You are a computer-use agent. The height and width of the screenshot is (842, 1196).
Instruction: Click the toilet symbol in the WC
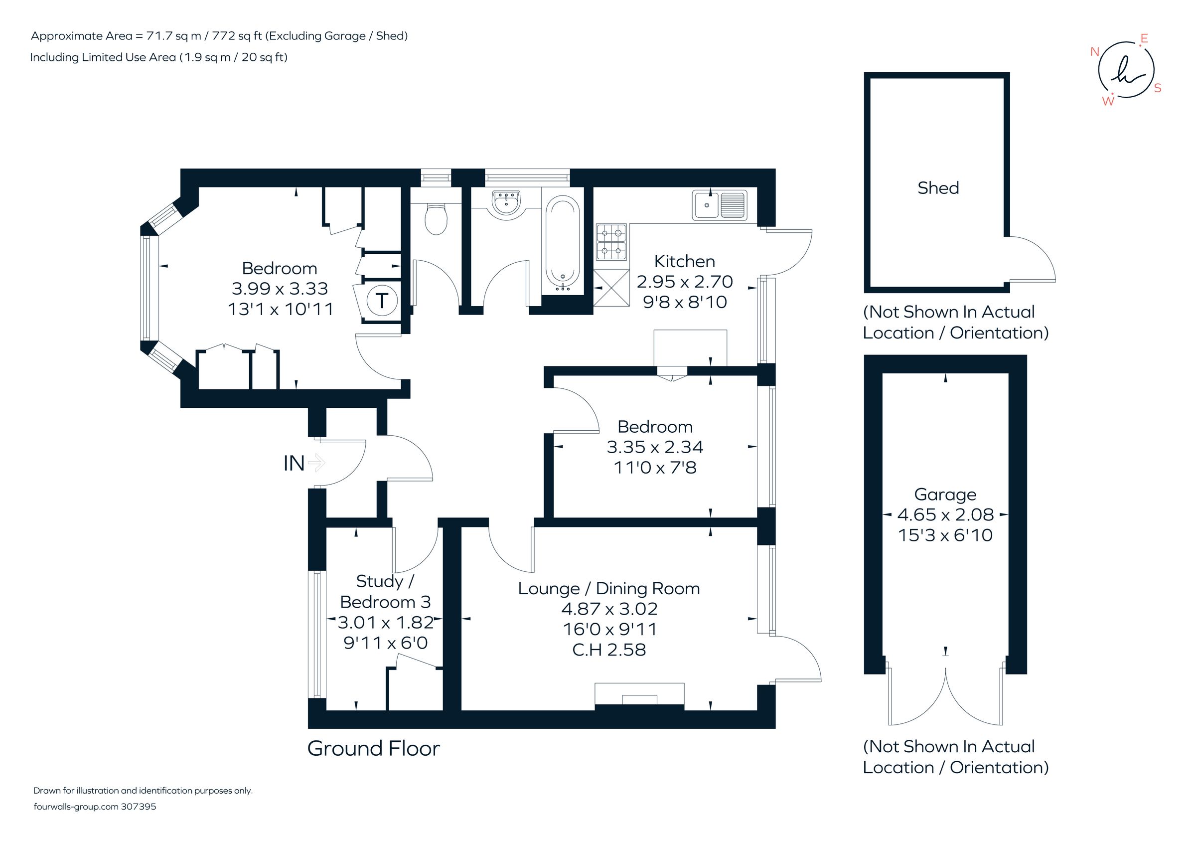pos(436,218)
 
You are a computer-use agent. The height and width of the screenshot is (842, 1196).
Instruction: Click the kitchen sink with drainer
pos(719,205)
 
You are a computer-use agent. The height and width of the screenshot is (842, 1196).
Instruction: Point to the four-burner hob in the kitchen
pos(611,242)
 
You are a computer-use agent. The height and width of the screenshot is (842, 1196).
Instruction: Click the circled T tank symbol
pos(382,301)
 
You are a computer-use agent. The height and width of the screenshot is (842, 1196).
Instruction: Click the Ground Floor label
pos(373,749)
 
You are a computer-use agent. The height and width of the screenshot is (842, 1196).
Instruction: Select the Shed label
pos(938,187)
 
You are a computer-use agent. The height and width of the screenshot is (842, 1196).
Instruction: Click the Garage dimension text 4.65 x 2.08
pos(945,515)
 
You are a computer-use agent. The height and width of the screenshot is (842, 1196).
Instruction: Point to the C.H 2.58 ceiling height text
pos(609,650)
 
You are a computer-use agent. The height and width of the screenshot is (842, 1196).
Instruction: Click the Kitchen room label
pos(685,261)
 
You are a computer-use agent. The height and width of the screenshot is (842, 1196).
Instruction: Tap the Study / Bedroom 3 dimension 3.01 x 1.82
pos(386,622)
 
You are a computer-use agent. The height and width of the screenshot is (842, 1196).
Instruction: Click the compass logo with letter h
pos(1126,70)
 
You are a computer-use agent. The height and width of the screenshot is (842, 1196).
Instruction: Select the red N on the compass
pos(1095,51)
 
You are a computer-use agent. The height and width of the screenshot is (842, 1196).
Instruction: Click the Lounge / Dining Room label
pos(609,588)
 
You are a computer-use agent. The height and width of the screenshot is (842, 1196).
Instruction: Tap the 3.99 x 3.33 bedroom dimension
pos(280,289)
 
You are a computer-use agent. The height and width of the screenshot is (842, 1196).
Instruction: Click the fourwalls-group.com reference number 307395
pos(139,807)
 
